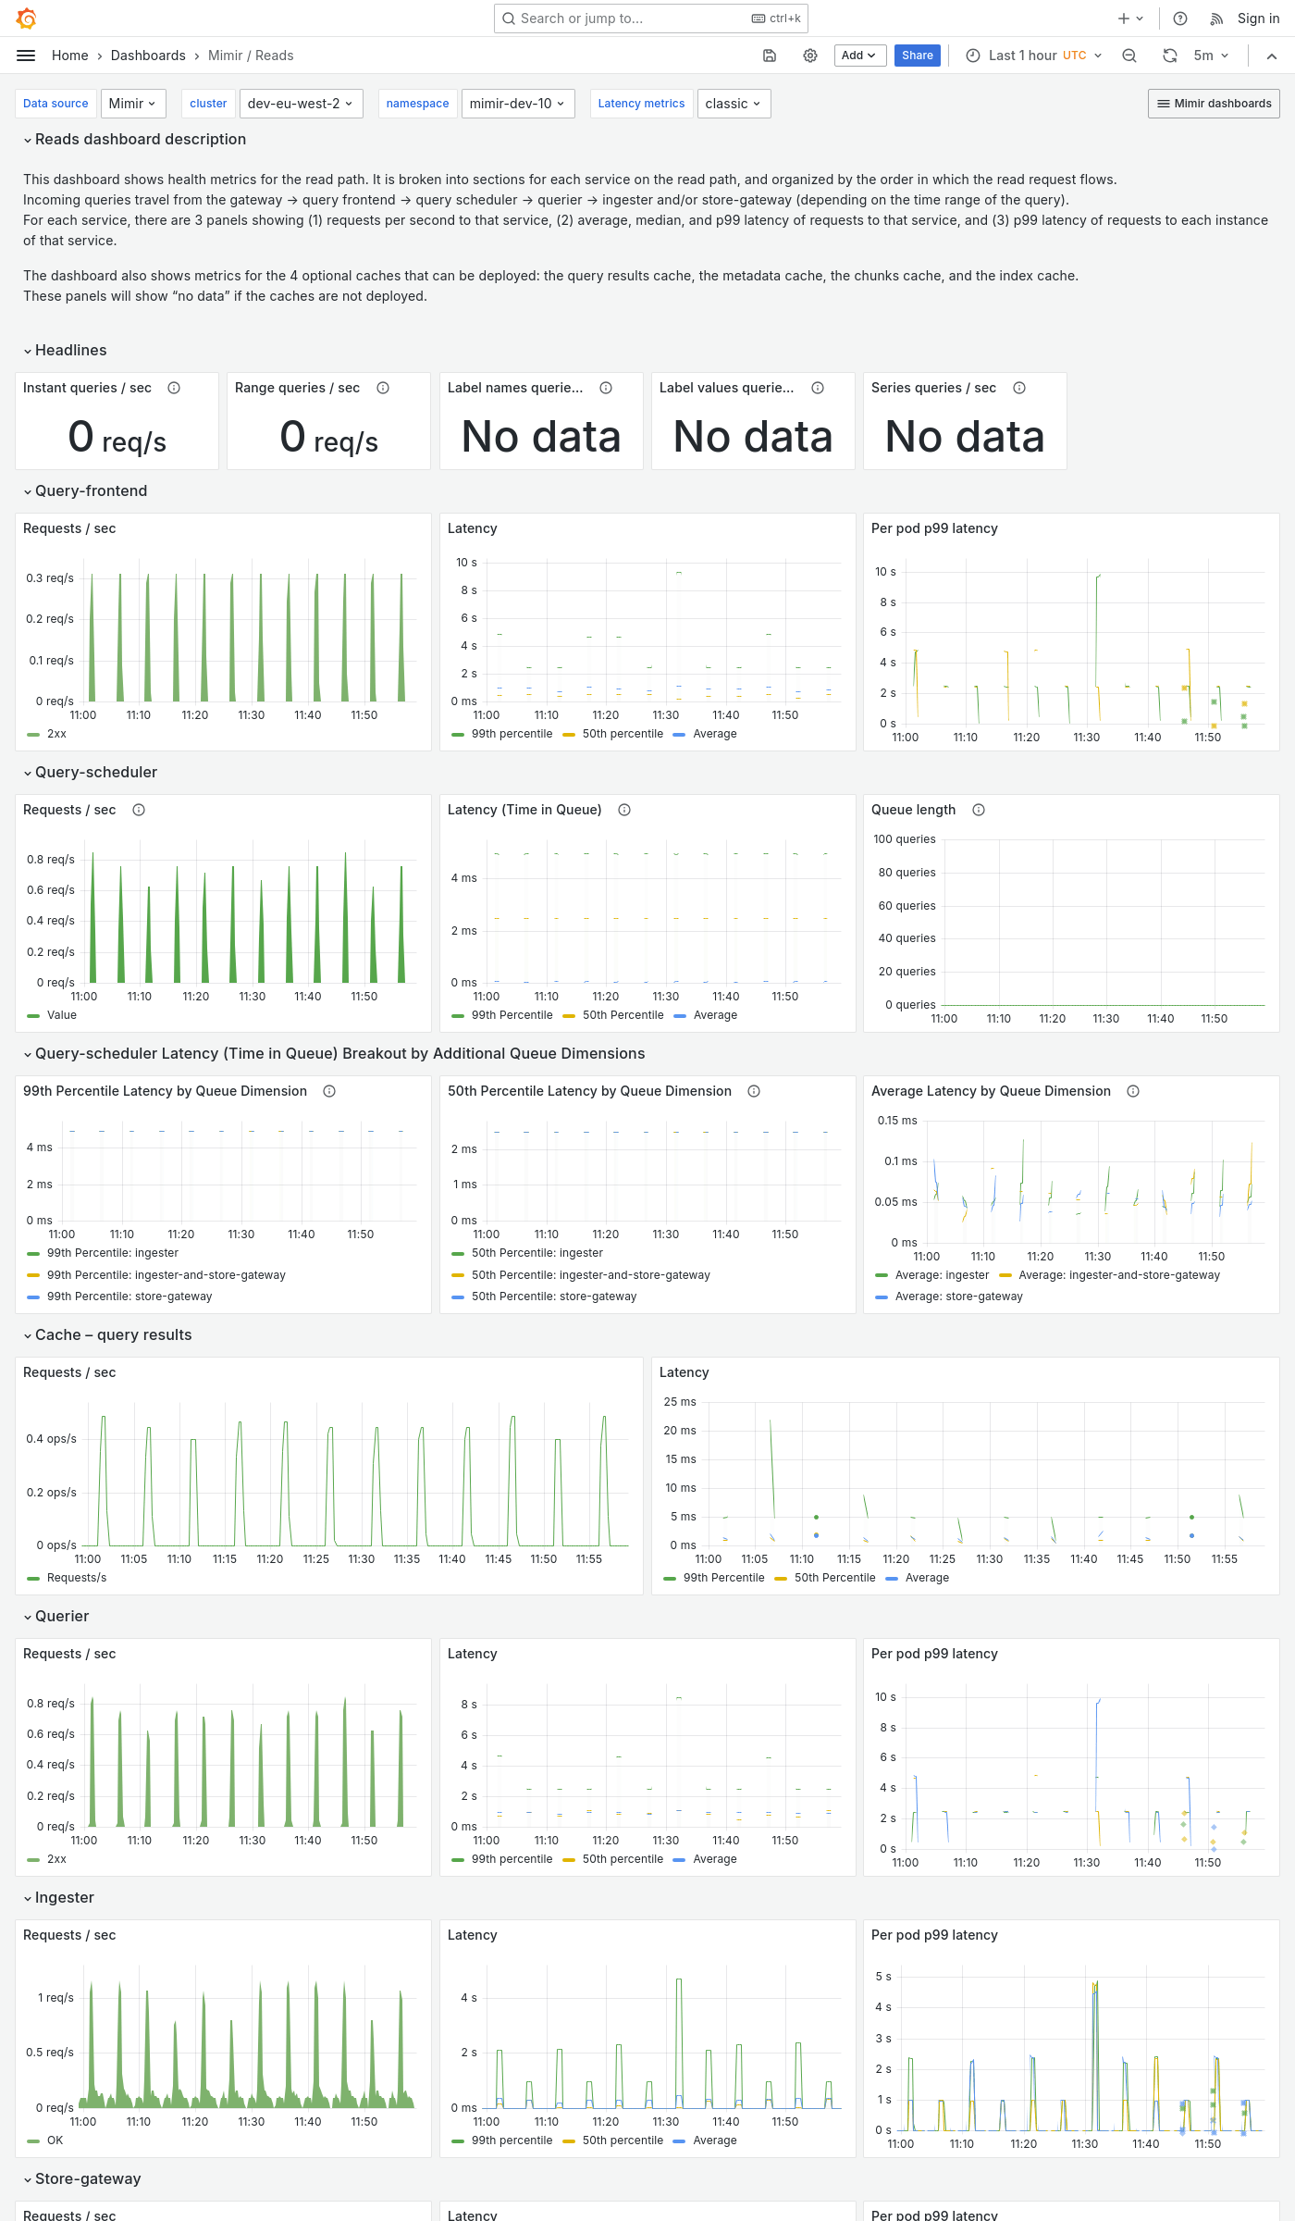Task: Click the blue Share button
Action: coord(917,56)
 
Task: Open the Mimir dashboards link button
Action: coord(1214,104)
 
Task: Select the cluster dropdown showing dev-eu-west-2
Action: coord(301,104)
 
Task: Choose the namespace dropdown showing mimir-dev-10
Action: coord(517,104)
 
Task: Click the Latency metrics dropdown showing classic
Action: coord(733,104)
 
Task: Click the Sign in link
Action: coord(1258,19)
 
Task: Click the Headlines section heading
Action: coord(70,350)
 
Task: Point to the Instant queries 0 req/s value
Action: coord(117,438)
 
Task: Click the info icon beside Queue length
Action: coord(979,810)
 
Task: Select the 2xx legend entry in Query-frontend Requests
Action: coord(56,734)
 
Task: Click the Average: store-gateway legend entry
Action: coord(958,1297)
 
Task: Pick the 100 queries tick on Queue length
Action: coord(904,839)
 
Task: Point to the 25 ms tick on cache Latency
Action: coord(680,1402)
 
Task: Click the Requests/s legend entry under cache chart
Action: coord(76,1578)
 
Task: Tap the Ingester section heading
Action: coord(64,1897)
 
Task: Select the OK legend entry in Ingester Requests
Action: coord(55,2140)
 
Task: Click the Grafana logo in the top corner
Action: coord(27,19)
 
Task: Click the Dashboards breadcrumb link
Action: coord(148,56)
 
